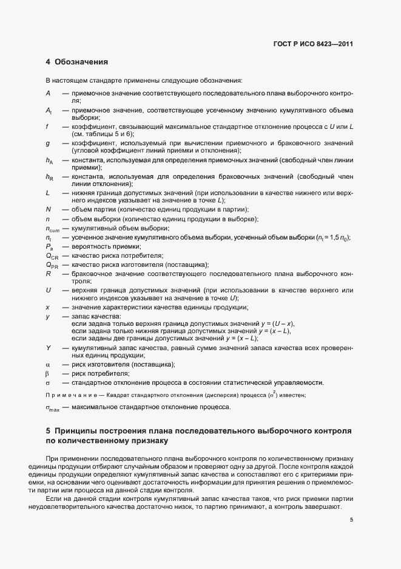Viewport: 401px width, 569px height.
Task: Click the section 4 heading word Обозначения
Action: [81, 62]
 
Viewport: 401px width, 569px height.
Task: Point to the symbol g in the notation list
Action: [47, 143]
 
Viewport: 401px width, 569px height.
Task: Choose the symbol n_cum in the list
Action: [52, 229]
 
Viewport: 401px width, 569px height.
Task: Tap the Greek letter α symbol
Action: [47, 364]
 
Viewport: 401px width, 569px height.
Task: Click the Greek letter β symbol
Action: [47, 373]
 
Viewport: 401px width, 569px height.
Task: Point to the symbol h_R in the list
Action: [49, 177]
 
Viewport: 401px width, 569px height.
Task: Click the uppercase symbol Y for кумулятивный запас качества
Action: [47, 347]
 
